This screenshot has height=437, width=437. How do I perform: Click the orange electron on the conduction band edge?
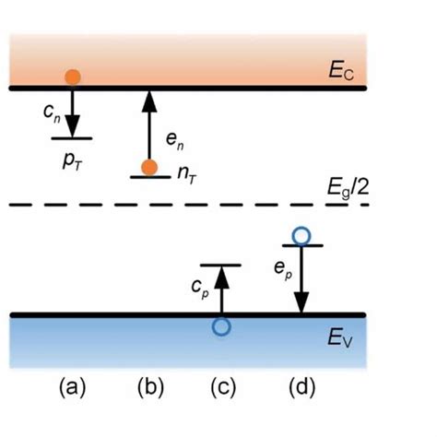[72, 77]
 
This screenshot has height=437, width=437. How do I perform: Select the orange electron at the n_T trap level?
[148, 167]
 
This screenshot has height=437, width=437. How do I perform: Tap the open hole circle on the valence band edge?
[220, 325]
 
